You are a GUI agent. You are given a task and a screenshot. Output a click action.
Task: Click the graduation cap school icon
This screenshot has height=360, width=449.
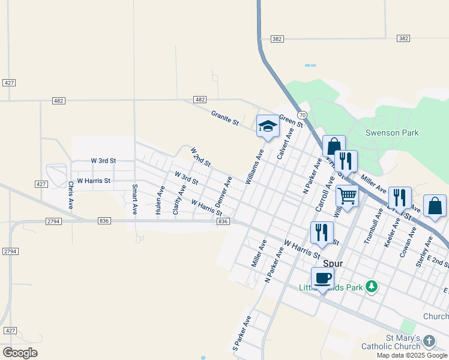(x=268, y=127)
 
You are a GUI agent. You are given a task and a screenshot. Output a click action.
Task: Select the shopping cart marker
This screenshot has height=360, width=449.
(x=348, y=195)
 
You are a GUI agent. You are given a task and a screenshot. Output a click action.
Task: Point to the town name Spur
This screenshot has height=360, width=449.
(x=333, y=263)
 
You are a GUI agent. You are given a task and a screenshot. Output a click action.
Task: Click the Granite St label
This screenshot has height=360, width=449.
(x=225, y=118)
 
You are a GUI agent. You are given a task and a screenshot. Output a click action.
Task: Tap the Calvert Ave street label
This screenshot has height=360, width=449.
(x=285, y=143)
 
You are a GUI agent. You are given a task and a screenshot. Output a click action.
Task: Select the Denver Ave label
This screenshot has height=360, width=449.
(x=223, y=190)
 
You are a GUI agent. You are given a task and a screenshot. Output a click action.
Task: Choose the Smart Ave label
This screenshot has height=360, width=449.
(x=134, y=200)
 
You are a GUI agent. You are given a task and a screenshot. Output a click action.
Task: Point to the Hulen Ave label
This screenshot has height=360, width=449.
(x=160, y=200)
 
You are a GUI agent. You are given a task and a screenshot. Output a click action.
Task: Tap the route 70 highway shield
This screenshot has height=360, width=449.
(x=303, y=115)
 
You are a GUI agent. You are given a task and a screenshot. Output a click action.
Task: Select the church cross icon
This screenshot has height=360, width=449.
(x=429, y=341)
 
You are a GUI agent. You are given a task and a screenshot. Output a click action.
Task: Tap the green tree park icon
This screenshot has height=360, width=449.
(x=372, y=287)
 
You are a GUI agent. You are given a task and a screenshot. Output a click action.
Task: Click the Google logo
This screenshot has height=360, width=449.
(x=20, y=353)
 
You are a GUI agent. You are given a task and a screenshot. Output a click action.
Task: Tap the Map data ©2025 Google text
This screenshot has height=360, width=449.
(x=412, y=355)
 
